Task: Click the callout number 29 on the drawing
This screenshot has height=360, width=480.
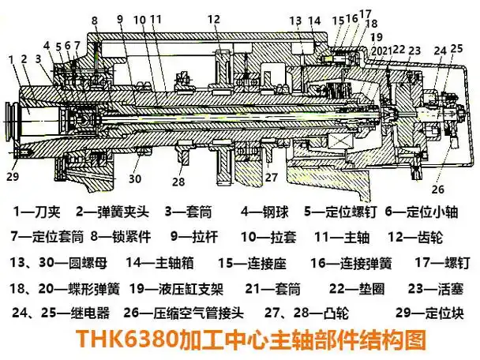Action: (x=13, y=176)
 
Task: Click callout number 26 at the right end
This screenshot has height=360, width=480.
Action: (x=437, y=189)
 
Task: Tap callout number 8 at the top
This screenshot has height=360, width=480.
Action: (x=95, y=20)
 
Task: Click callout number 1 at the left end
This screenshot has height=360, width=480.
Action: (x=11, y=58)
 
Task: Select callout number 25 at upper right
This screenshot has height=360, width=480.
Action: (x=456, y=49)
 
